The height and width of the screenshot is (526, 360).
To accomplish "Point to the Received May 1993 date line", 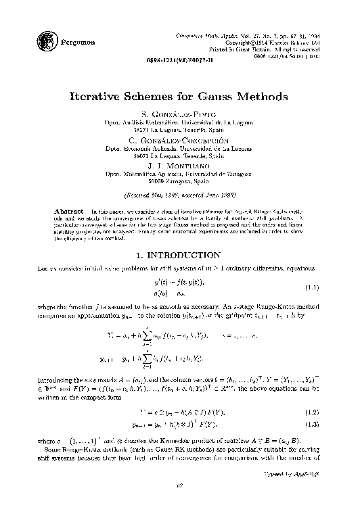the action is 180,193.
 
